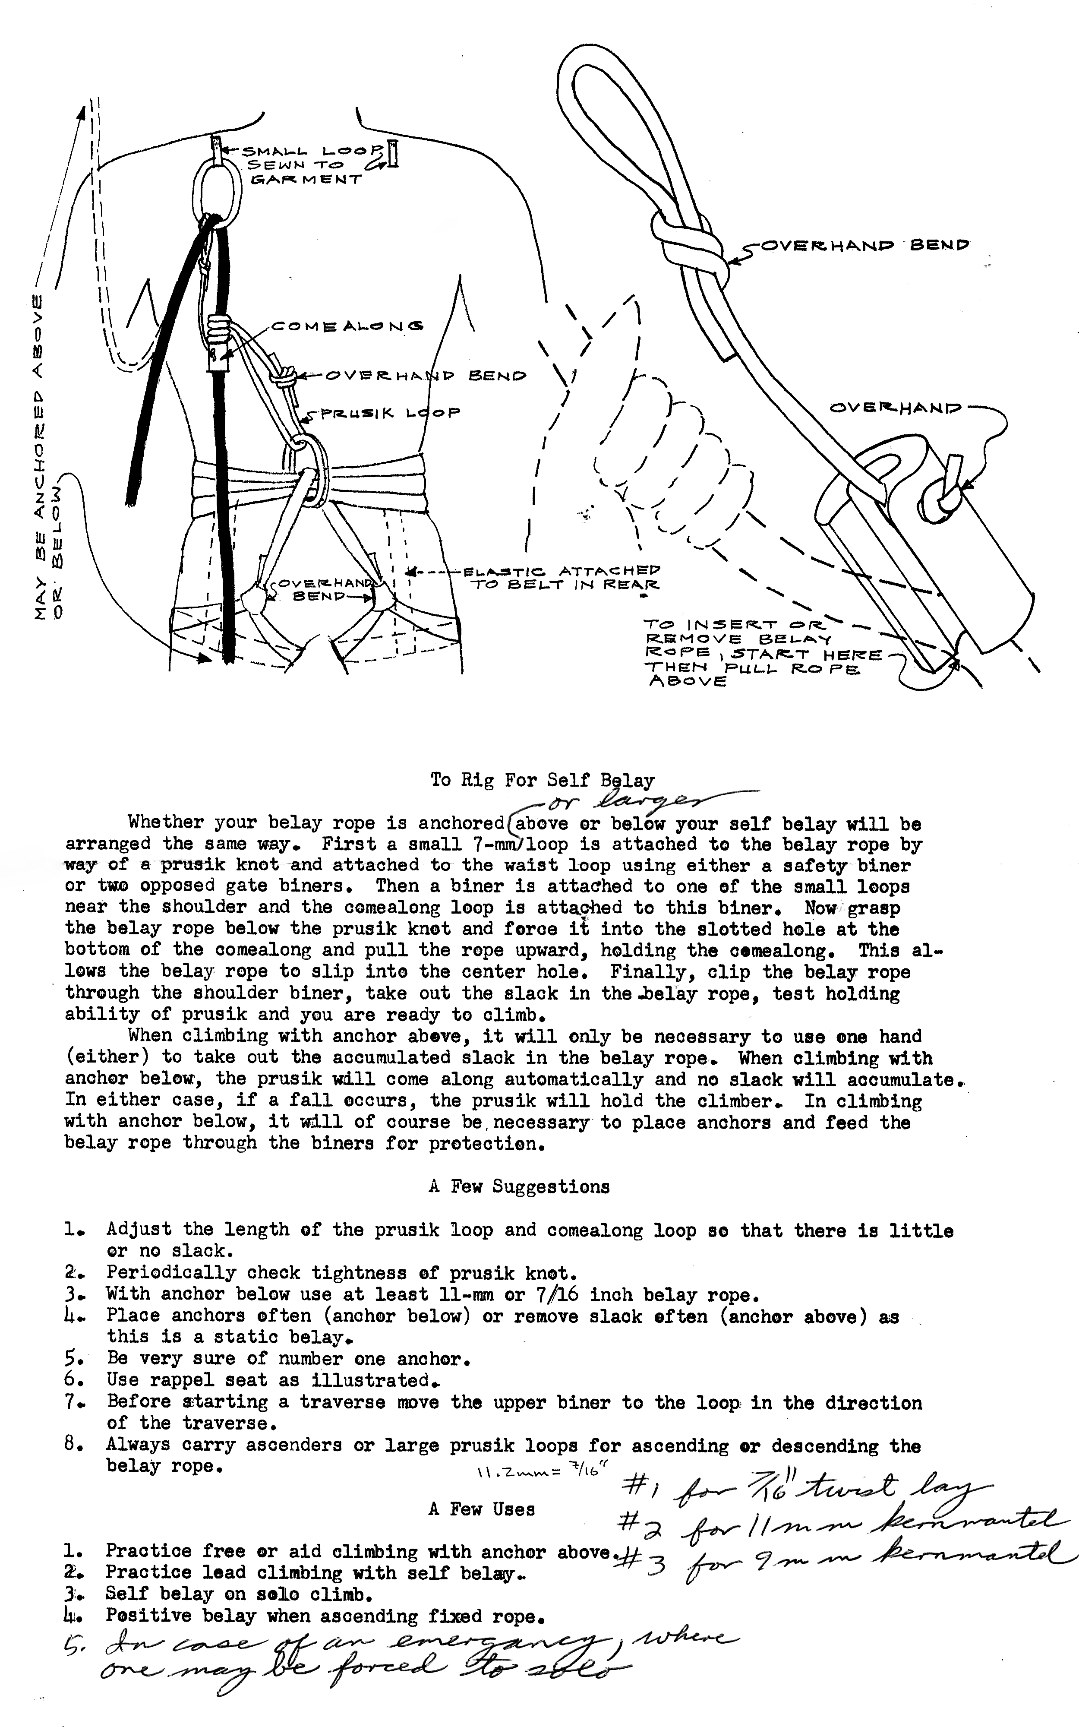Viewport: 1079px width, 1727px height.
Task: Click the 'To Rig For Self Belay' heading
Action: coord(543,780)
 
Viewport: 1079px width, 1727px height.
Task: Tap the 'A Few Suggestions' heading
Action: coord(520,1187)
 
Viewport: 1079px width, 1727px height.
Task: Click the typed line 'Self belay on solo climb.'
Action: coord(238,1593)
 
